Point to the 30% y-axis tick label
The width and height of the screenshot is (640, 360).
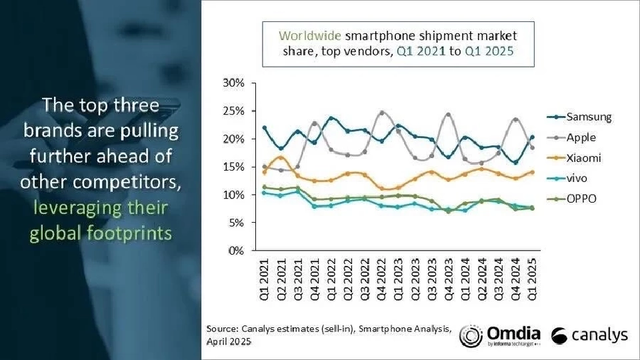click(233, 83)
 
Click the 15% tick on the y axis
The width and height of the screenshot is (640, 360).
click(233, 167)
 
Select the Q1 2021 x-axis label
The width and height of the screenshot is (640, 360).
click(264, 280)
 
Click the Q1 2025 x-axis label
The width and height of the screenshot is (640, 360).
click(533, 280)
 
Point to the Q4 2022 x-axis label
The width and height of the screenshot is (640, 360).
click(381, 280)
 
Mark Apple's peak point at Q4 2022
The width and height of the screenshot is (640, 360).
click(381, 113)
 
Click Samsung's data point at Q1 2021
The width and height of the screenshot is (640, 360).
click(264, 127)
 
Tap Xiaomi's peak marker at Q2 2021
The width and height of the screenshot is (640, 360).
click(281, 158)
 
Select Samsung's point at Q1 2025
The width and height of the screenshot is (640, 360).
click(533, 137)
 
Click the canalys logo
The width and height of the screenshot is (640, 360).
click(591, 335)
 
